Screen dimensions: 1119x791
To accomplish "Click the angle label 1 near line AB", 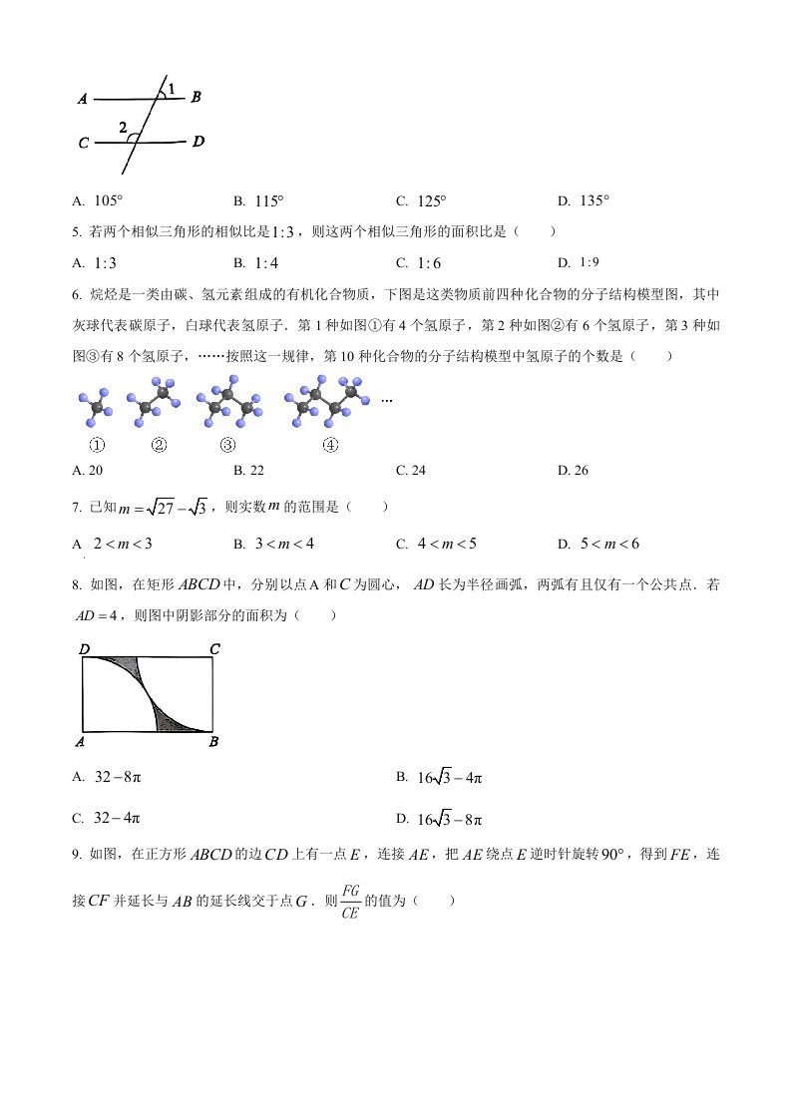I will (x=172, y=90).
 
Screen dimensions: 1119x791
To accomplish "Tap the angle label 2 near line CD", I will (x=123, y=128).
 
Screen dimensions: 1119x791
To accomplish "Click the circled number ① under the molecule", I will (x=98, y=446).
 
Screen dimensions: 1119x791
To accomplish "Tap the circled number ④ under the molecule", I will (x=331, y=446).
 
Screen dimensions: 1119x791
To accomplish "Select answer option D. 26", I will (x=574, y=470).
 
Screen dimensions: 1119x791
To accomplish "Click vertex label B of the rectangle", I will (x=213, y=742).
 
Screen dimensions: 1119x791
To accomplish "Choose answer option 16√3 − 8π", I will (x=450, y=820).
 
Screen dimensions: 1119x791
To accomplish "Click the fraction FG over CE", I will (x=349, y=900).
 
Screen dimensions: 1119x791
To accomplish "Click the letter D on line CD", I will (x=198, y=141).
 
